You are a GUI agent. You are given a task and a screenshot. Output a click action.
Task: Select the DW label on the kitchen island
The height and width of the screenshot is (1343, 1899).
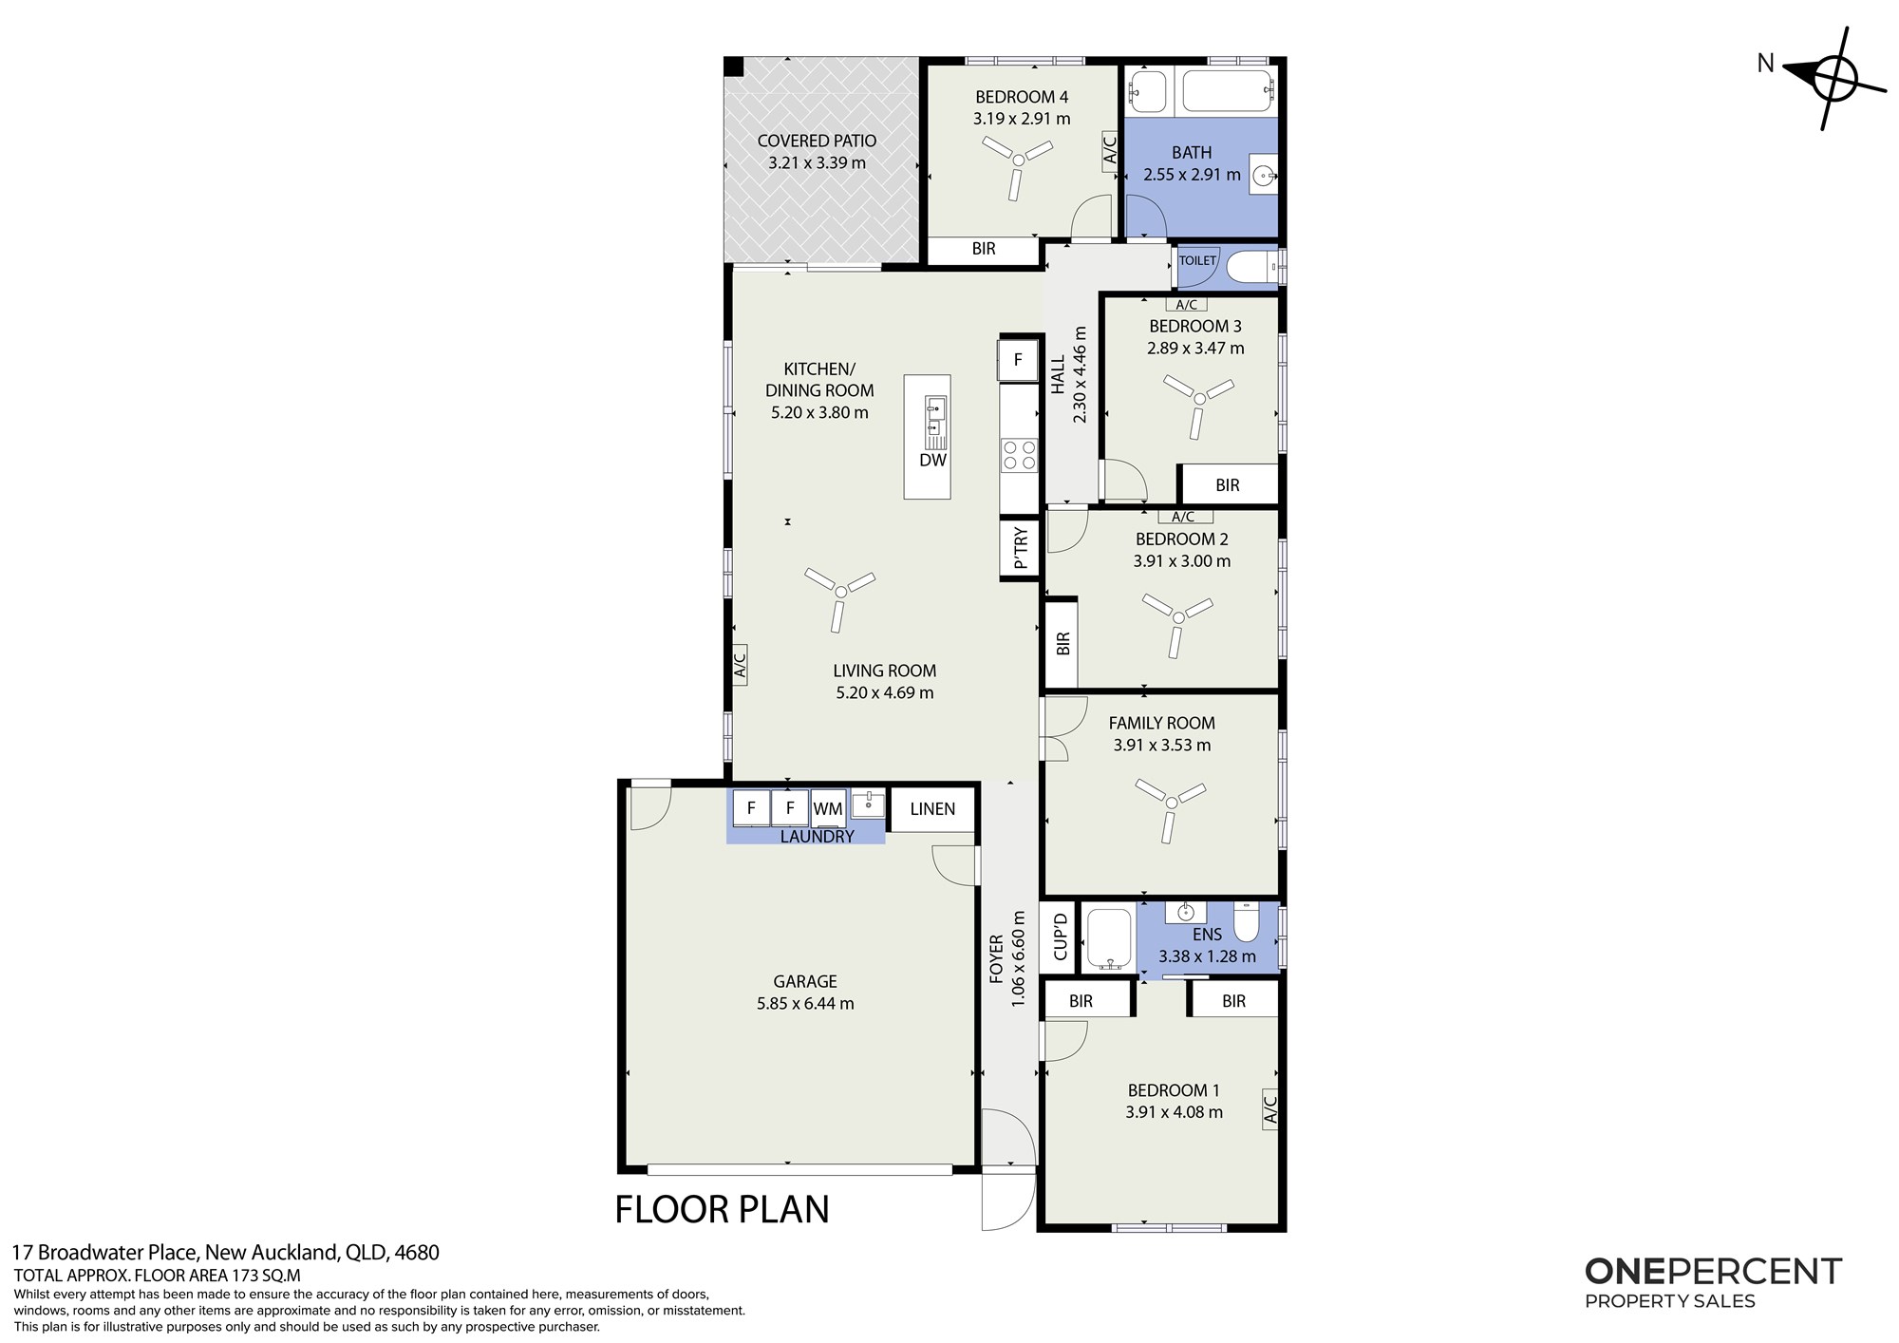pyautogui.click(x=932, y=461)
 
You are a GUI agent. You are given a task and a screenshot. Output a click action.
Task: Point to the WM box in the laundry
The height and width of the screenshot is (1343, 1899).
pyautogui.click(x=828, y=808)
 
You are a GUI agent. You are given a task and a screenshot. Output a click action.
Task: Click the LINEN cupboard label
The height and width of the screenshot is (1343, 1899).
pyautogui.click(x=932, y=809)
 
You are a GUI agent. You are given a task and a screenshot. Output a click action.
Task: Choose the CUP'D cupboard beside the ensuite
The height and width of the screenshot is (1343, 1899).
pyautogui.click(x=1061, y=936)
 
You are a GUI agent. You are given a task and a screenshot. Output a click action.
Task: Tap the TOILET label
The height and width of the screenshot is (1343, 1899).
pyautogui.click(x=1197, y=260)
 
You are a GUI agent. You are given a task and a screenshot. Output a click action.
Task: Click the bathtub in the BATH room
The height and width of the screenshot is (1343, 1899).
pyautogui.click(x=1225, y=90)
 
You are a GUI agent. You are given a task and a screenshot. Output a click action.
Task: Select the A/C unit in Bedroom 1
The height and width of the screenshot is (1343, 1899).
pyautogui.click(x=1270, y=1108)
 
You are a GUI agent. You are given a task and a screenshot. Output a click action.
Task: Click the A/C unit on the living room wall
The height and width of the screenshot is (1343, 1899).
pyautogui.click(x=741, y=664)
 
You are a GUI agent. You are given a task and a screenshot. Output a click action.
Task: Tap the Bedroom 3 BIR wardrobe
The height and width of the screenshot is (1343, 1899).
pyautogui.click(x=1228, y=485)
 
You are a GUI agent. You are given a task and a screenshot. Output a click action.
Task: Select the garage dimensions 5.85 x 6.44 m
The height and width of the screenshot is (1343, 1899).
pyautogui.click(x=805, y=1004)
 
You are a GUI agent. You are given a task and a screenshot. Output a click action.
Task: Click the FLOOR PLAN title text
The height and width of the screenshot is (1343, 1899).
pyautogui.click(x=723, y=1210)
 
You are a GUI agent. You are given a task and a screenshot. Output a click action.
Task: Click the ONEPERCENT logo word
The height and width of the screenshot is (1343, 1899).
pyautogui.click(x=1714, y=1272)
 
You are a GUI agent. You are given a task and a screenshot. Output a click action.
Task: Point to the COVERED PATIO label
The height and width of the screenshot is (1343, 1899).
pyautogui.click(x=817, y=142)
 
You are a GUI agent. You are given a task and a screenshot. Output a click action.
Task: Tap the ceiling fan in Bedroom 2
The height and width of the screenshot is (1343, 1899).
pyautogui.click(x=1178, y=617)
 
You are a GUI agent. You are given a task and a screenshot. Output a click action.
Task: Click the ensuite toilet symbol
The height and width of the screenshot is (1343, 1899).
pyautogui.click(x=1246, y=920)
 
